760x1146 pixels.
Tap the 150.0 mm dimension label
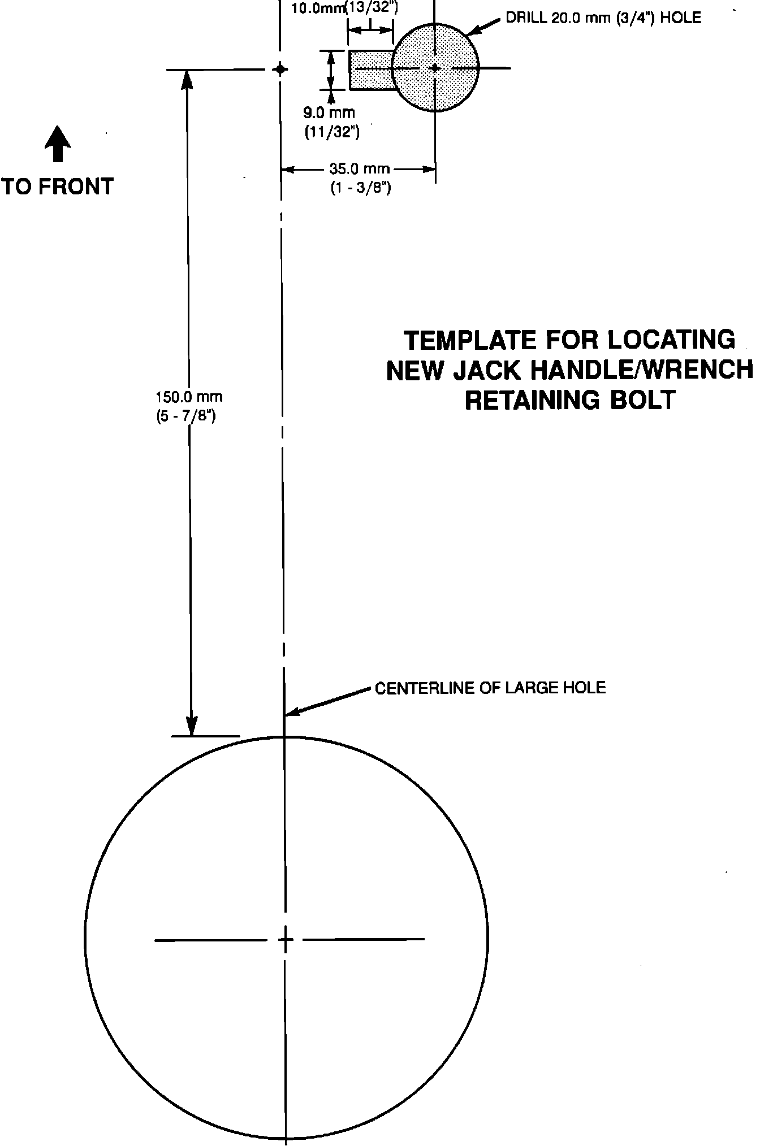point(189,397)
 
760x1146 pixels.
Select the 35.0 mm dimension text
point(360,169)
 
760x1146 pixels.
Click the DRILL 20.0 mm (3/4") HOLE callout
point(603,18)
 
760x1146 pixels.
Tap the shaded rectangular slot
point(370,70)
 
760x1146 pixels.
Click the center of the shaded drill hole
point(435,68)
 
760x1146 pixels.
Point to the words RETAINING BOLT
point(569,400)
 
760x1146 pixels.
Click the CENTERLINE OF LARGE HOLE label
point(490,688)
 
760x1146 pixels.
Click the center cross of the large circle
point(286,940)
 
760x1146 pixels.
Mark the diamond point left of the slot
point(279,69)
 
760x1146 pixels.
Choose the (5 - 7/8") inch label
point(185,417)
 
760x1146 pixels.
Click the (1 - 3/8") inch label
point(361,188)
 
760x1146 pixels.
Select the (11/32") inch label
point(332,132)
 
